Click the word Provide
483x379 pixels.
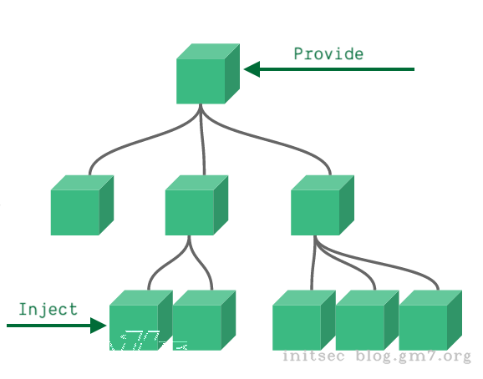[328, 54]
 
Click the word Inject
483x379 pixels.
[48, 309]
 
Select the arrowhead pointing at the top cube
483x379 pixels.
[252, 69]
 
